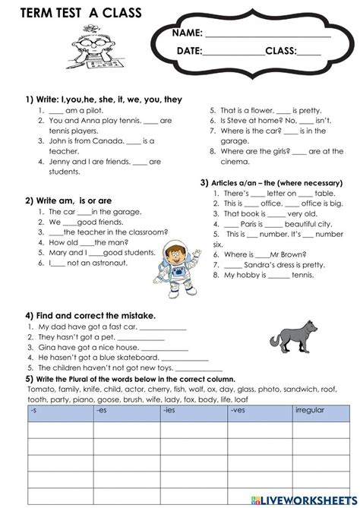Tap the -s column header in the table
[35, 410]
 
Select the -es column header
[103, 410]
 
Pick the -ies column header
[170, 410]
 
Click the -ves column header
[238, 410]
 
